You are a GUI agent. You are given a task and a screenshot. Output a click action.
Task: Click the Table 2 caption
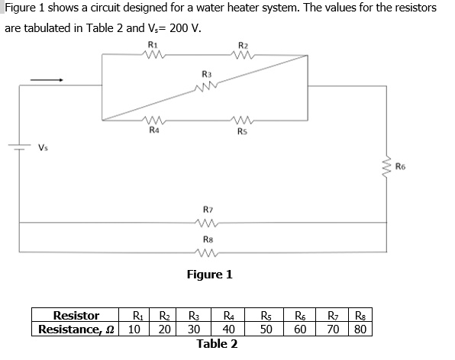(x=217, y=344)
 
